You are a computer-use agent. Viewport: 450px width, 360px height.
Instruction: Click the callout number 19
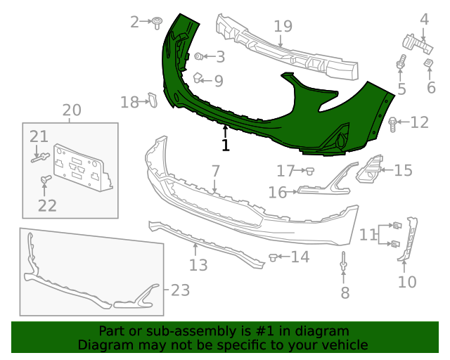click(x=283, y=27)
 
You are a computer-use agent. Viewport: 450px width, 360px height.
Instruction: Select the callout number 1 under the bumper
click(x=226, y=146)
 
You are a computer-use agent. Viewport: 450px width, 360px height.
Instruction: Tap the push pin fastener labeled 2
click(x=158, y=22)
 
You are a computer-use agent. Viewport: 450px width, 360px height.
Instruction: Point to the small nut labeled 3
click(x=199, y=56)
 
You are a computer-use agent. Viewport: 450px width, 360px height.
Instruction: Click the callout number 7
click(x=215, y=171)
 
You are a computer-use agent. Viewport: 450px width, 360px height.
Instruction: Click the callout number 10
click(x=407, y=283)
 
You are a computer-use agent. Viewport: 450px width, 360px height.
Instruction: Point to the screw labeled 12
click(x=392, y=124)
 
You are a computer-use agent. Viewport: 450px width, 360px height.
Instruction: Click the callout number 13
click(x=198, y=265)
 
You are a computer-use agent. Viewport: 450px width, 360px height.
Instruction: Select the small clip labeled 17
click(x=308, y=170)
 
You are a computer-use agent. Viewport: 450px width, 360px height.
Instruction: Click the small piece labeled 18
click(x=150, y=102)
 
